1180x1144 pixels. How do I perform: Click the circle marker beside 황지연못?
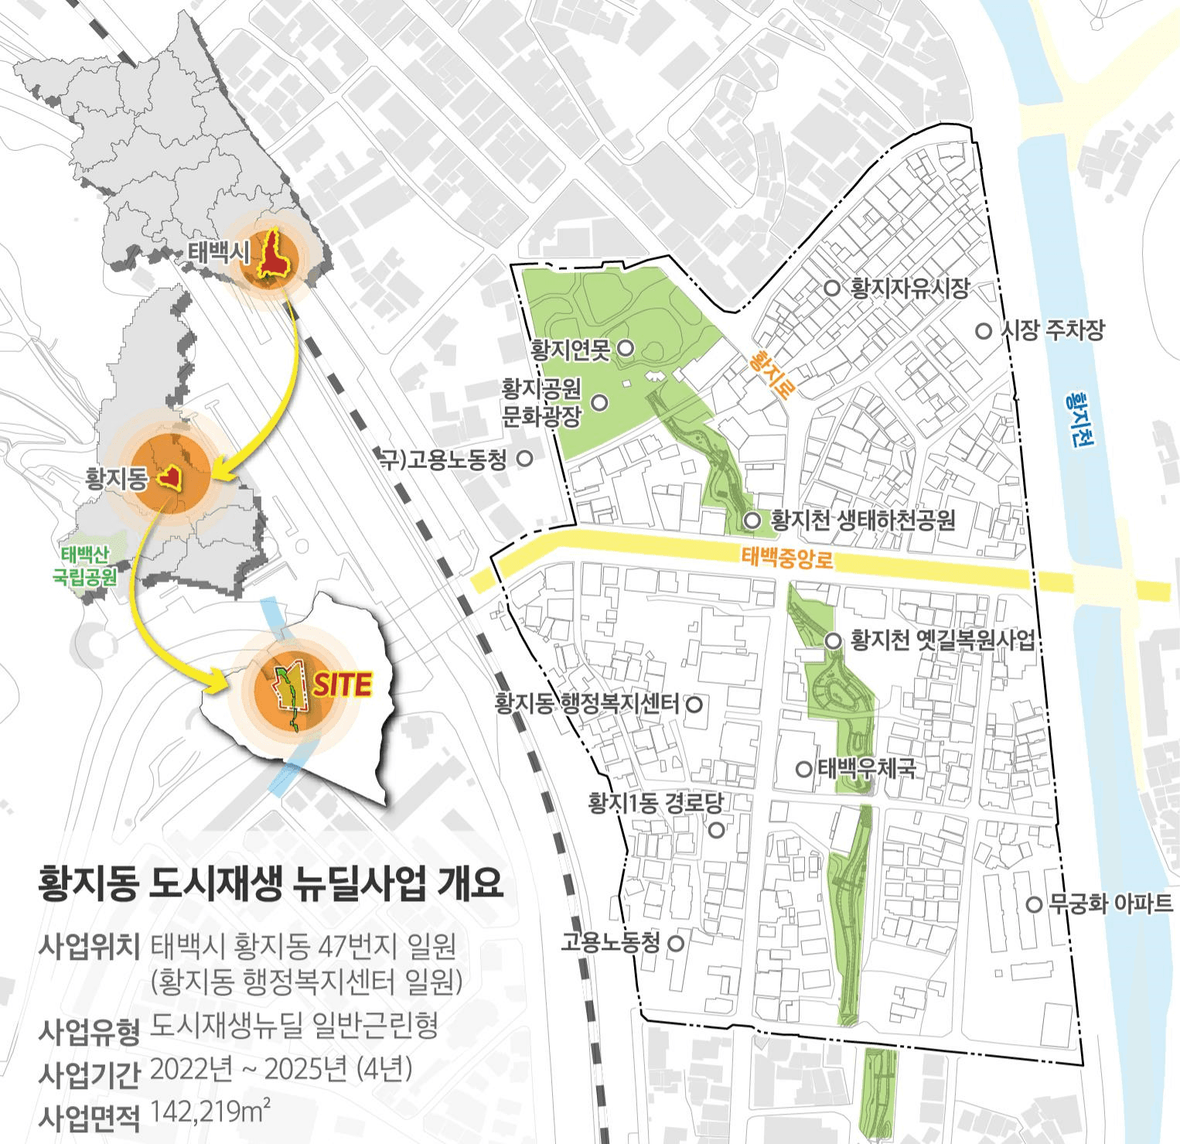626,349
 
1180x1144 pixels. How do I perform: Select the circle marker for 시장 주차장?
984,331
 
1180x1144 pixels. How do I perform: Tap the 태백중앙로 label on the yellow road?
787,558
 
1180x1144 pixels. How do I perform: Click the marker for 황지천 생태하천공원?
752,521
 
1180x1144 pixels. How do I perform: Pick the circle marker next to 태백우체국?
805,769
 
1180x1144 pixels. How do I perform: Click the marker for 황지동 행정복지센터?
694,704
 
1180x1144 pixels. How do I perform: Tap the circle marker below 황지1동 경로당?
717,831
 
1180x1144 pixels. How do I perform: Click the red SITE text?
343,685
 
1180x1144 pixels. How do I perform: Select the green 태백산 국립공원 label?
85,565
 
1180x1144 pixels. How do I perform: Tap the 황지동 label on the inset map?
116,480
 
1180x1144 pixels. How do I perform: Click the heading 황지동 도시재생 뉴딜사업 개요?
271,883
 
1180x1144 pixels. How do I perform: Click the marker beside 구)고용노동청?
524,458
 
